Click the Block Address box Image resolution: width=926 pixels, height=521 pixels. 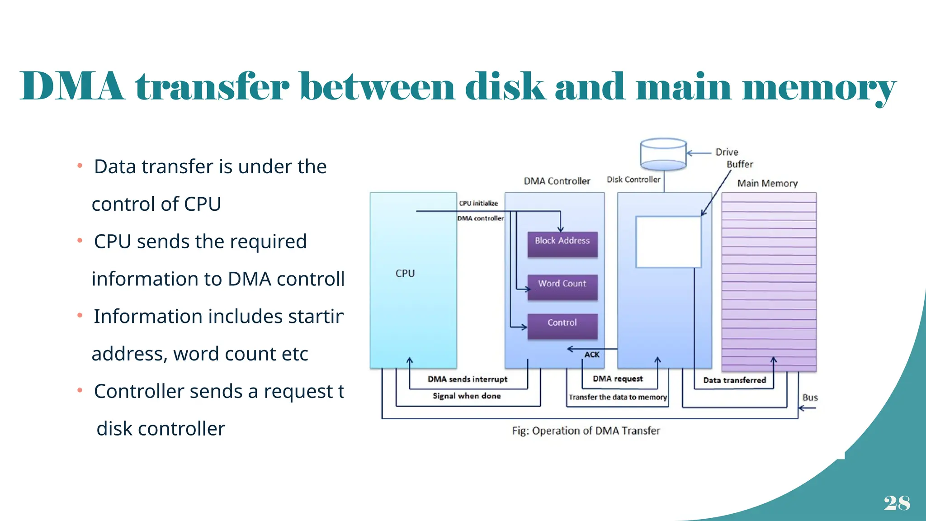click(562, 244)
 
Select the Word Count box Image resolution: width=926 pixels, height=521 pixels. click(562, 287)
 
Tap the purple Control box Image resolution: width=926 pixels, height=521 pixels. click(562, 326)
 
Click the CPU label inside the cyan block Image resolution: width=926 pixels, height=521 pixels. click(405, 274)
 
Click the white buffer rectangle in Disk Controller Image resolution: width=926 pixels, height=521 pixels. click(668, 242)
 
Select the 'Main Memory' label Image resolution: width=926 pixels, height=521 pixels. click(767, 183)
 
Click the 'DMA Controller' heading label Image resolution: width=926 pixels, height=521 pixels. click(557, 181)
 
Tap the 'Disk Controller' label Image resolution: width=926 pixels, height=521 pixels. click(633, 180)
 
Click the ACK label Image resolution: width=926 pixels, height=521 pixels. click(591, 355)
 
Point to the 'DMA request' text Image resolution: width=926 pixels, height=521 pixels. click(618, 379)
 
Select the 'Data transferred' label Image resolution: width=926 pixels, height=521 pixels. click(734, 380)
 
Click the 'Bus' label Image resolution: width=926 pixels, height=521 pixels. click(810, 398)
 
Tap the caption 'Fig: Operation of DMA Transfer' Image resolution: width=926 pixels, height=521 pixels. click(586, 431)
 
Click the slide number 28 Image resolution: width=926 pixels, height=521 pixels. click(897, 503)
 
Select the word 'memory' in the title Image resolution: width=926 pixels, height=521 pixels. click(819, 87)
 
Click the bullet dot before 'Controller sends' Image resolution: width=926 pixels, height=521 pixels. click(80, 390)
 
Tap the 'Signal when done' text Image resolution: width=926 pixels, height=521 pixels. click(467, 396)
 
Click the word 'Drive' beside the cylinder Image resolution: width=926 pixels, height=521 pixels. click(727, 152)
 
